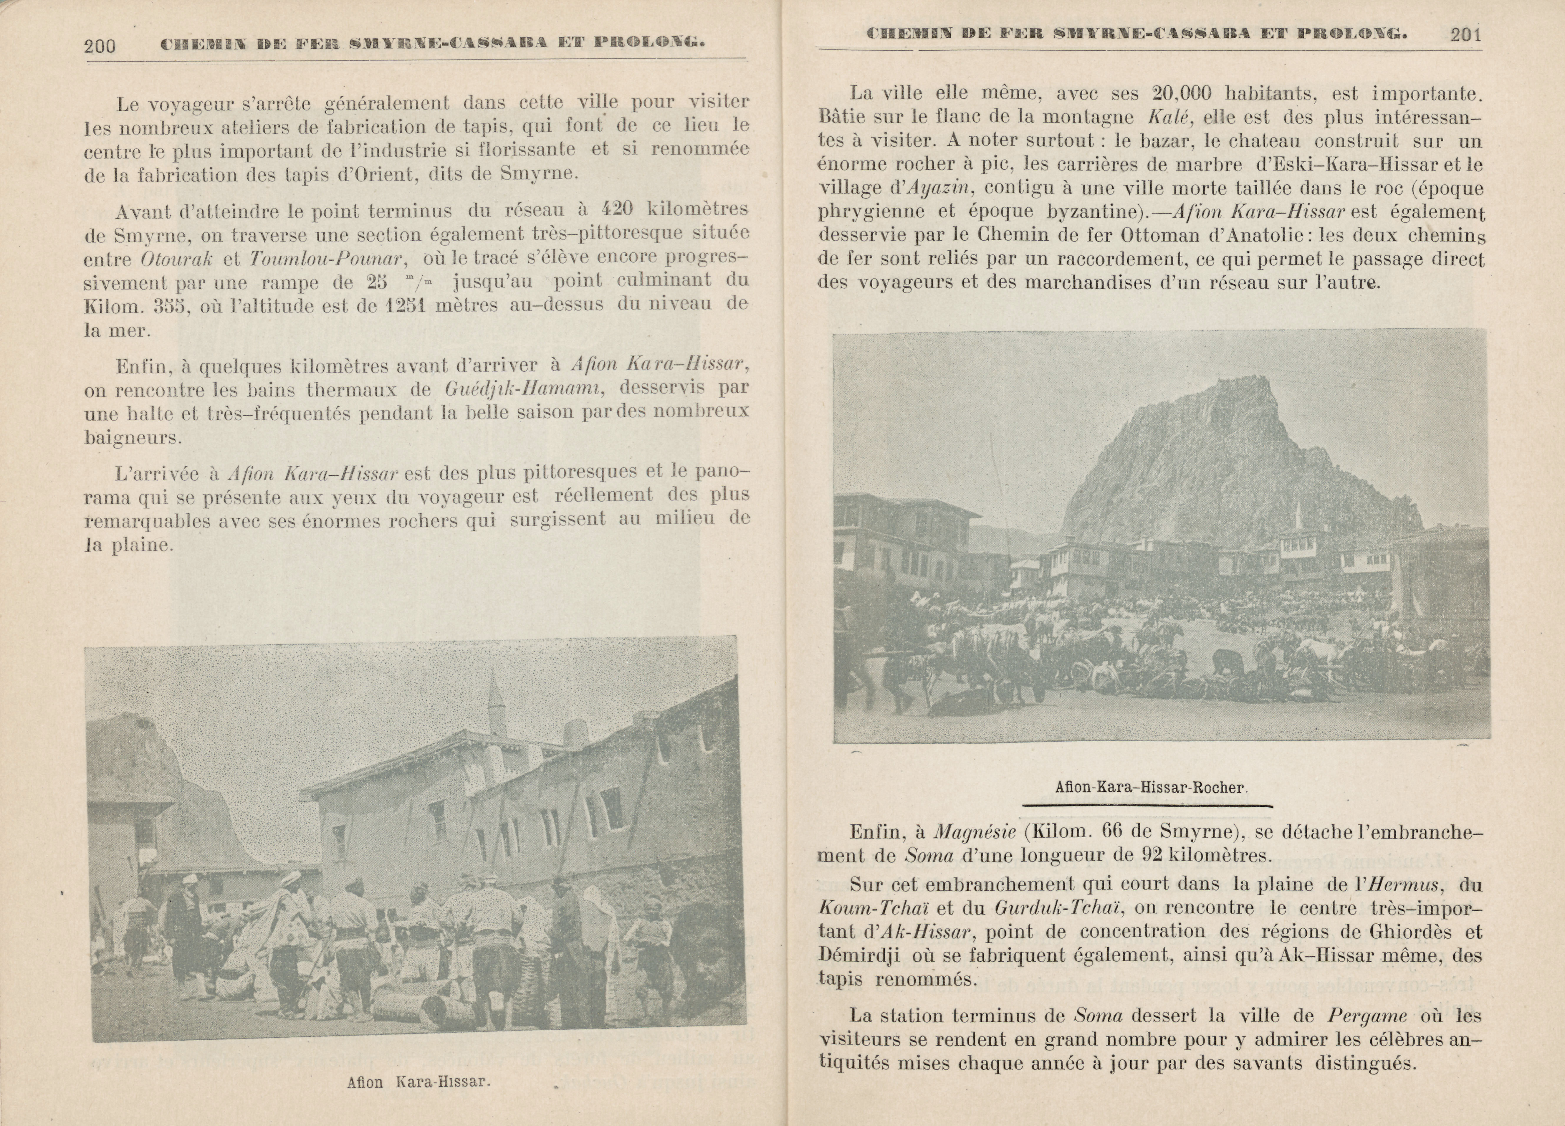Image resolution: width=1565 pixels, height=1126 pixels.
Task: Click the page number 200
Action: pos(99,46)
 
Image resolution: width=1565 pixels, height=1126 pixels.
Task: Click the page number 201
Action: pos(1466,34)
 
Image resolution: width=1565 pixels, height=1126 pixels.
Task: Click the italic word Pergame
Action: pos(1367,1016)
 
